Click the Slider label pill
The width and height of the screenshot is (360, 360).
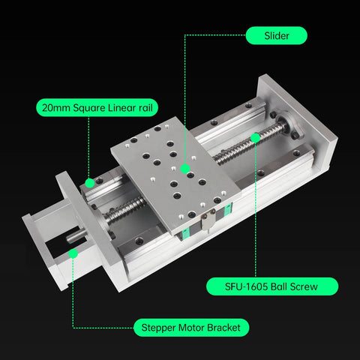[x=276, y=35]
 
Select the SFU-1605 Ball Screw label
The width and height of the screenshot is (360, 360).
[x=271, y=286]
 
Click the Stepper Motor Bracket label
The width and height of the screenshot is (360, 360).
[x=190, y=328]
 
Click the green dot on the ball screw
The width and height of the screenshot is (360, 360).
[x=256, y=136]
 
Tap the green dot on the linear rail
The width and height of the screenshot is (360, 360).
[x=89, y=182]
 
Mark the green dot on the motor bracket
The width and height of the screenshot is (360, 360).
[x=73, y=253]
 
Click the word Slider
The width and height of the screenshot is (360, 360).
[x=276, y=35]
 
